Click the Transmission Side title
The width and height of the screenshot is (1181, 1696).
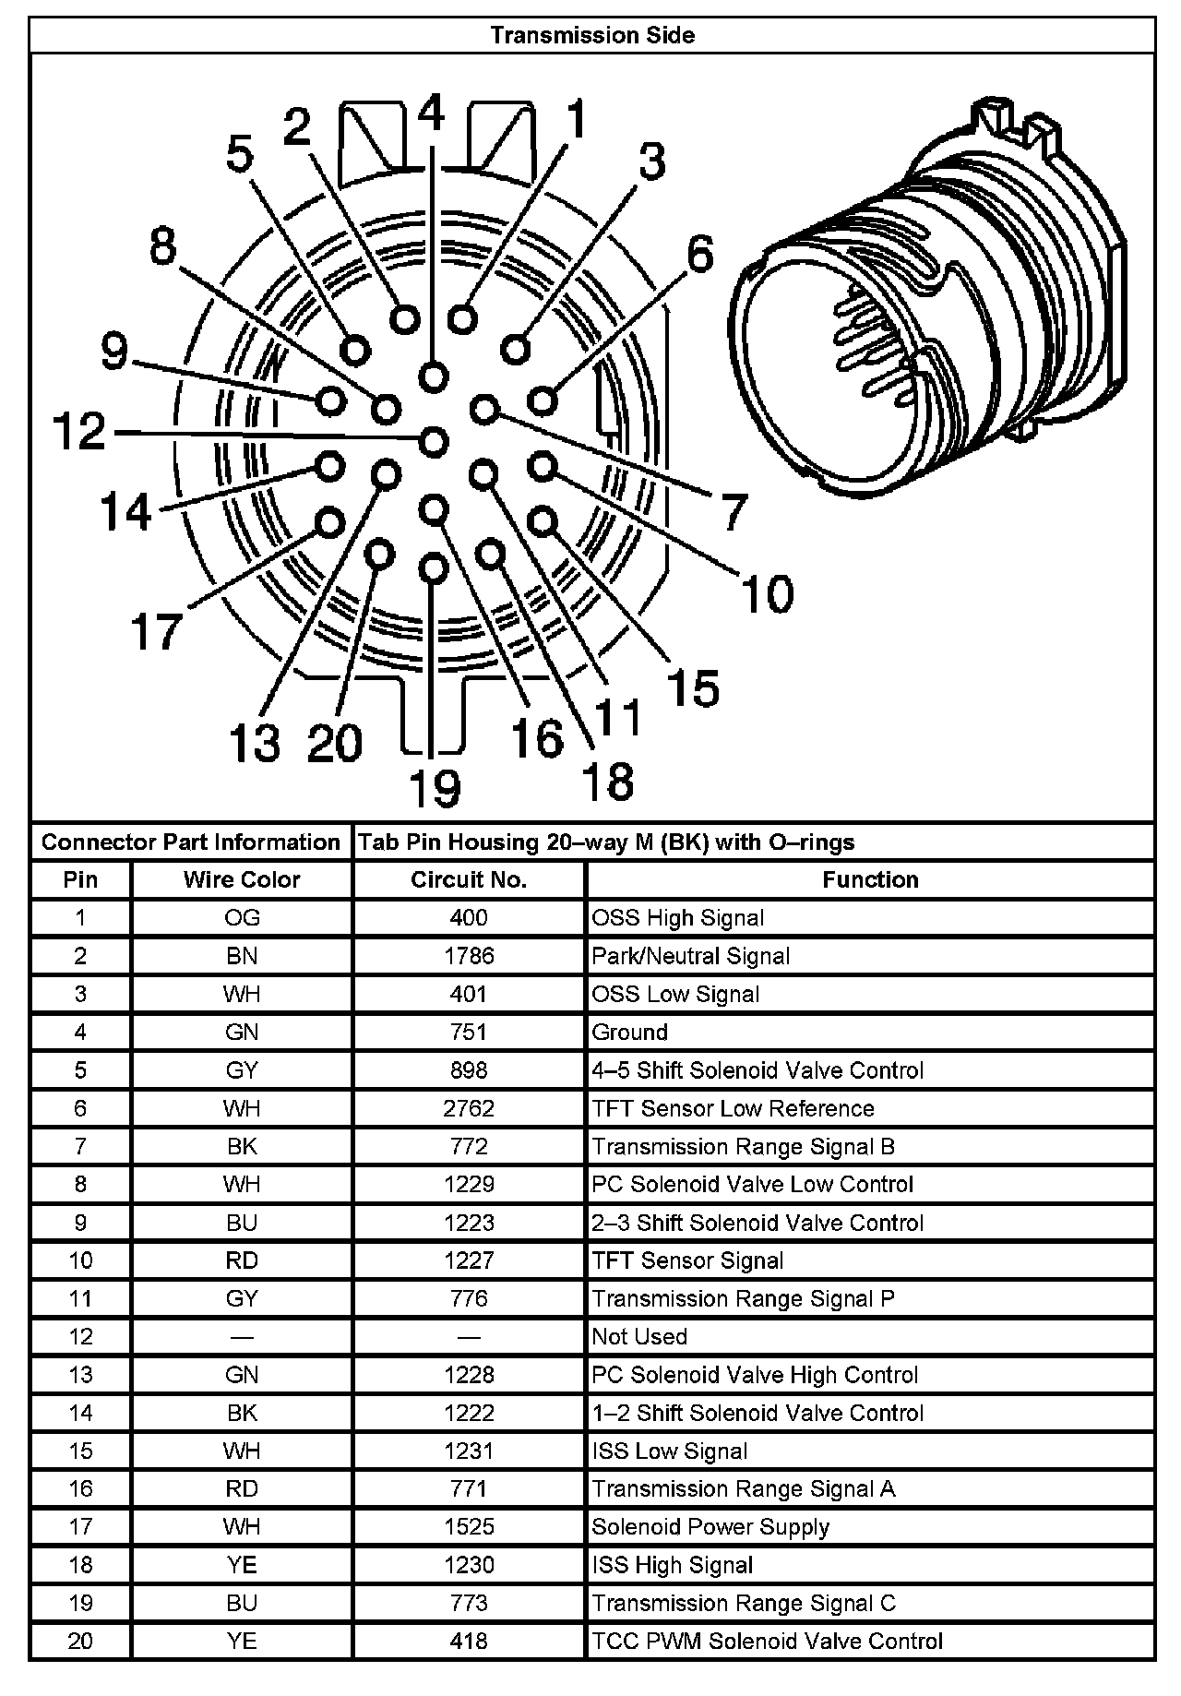[592, 35]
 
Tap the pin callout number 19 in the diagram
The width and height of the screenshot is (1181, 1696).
[435, 789]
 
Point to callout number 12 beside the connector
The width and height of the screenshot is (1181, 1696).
[80, 432]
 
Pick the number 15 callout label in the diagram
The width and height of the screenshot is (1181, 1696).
[693, 688]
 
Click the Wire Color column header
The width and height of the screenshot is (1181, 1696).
[242, 879]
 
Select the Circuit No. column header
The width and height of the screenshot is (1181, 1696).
[469, 879]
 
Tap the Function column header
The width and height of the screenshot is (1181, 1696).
[870, 879]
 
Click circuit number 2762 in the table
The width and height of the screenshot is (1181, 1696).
[469, 1108]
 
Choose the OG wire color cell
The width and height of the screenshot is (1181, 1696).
[242, 918]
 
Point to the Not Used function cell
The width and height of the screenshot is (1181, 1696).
[639, 1336]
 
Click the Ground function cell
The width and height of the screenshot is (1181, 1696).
[629, 1033]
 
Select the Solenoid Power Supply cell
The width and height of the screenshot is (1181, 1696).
[710, 1527]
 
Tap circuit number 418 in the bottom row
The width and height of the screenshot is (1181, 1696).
[469, 1642]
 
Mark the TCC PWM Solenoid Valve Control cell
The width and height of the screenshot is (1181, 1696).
[767, 1642]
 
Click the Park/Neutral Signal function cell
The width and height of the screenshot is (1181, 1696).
[690, 956]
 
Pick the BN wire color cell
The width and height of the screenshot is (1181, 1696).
[242, 956]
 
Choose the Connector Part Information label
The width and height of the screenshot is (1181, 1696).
[191, 842]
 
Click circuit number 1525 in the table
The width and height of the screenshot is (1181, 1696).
[469, 1527]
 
